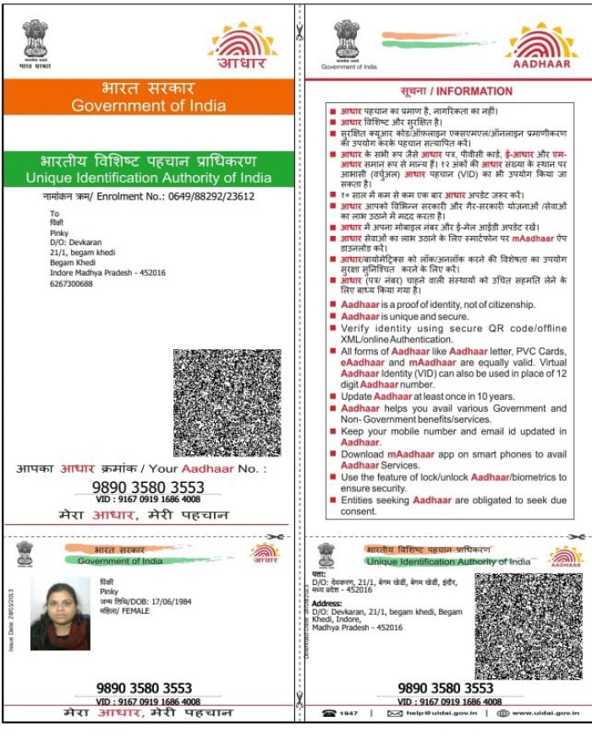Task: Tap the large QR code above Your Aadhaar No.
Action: tap(227, 402)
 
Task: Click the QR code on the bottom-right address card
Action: tap(528, 625)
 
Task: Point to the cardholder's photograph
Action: tap(60, 614)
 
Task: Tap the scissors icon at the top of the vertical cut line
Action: tap(299, 34)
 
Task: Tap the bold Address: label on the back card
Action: tap(326, 605)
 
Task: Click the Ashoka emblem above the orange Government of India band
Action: tap(35, 38)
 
